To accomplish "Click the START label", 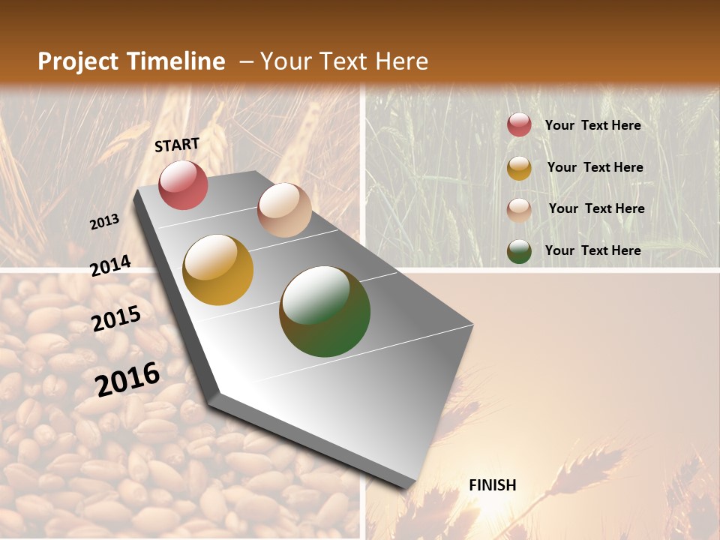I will [x=177, y=145].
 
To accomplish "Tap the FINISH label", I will [x=492, y=485].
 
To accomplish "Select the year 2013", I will [x=104, y=222].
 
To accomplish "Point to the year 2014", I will [x=111, y=266].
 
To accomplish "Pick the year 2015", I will [x=116, y=319].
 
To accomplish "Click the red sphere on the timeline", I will [x=183, y=184].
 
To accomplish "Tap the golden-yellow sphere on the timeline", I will [x=217, y=270].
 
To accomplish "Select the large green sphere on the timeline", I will [x=325, y=311].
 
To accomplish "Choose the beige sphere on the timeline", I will [x=284, y=209].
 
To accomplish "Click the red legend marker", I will [x=519, y=125].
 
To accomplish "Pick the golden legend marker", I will [x=519, y=168].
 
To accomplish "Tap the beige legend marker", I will [x=519, y=209].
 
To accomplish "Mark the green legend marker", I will [x=519, y=251].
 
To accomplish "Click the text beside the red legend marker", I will [x=592, y=125].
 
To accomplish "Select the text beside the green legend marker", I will [x=592, y=250].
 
